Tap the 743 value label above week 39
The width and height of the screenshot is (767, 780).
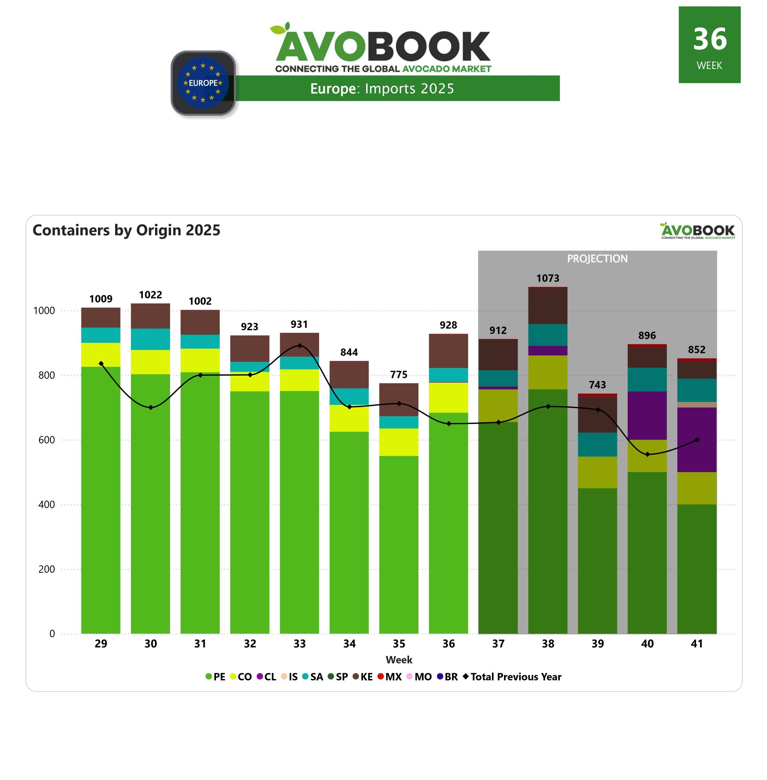597,385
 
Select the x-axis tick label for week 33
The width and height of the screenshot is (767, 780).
299,643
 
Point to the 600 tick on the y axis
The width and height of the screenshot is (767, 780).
47,440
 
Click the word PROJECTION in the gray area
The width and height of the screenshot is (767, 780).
597,259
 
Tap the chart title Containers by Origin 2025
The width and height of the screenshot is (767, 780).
126,230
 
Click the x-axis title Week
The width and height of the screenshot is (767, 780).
399,660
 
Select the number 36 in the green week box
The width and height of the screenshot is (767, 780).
709,39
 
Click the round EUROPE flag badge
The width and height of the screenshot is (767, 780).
203,83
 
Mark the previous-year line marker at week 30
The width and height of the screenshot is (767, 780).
151,407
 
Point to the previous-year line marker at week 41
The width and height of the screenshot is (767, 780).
697,440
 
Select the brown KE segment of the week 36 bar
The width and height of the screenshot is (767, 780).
448,350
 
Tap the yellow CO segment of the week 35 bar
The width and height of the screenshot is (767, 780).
399,442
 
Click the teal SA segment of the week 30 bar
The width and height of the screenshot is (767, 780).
151,339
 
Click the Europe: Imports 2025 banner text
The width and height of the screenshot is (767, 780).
382,89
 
